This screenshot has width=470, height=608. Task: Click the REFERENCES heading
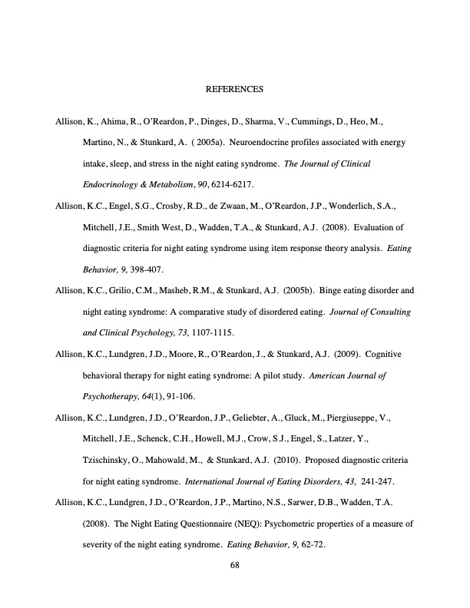[235, 90]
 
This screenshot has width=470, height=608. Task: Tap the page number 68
[235, 567]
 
